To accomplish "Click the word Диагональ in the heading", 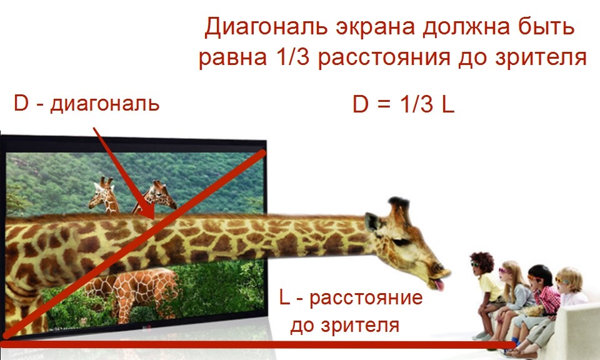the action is [267, 27].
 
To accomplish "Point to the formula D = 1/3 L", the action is [403, 104].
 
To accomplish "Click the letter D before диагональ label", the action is [21, 102].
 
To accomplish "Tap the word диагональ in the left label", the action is [104, 104].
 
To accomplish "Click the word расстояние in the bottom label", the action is [366, 298].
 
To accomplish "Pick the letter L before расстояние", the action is [284, 297].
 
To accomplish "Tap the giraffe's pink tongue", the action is [439, 284].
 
